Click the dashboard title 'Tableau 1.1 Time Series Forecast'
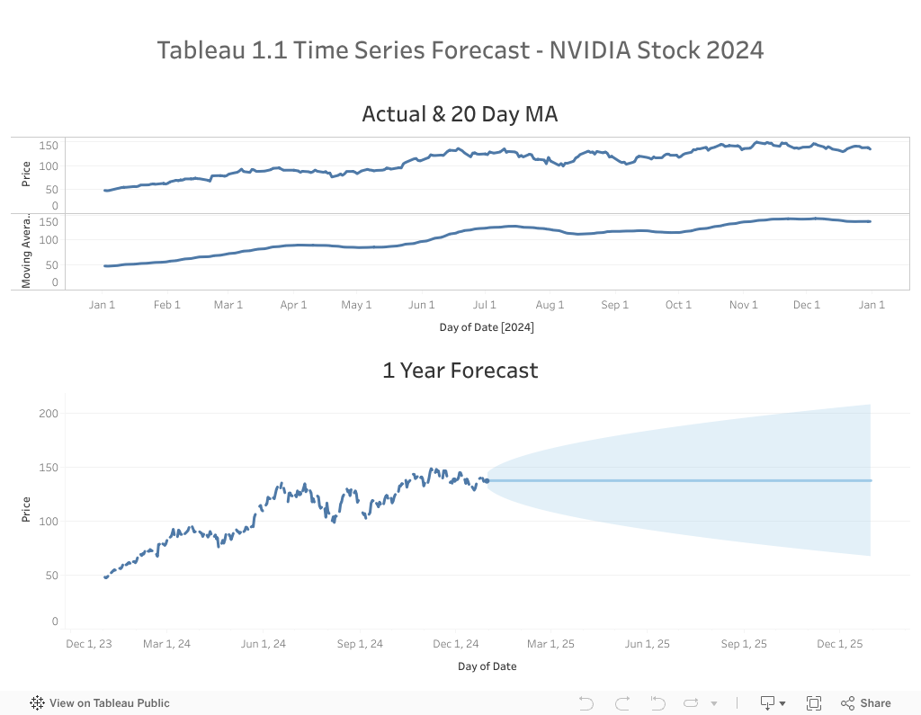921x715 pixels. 460,49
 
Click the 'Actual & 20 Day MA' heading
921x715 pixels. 460,114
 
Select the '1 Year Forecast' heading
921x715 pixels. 460,370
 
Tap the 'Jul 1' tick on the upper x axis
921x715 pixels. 485,305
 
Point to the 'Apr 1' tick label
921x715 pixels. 293,305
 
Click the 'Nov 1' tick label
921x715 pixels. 743,305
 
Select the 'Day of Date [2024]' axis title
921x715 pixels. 487,327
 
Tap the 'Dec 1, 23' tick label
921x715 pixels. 89,644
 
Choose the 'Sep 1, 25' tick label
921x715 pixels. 743,644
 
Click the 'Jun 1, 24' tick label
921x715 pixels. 263,644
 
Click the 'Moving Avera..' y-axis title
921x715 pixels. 26,252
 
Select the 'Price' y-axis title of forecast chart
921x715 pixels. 26,509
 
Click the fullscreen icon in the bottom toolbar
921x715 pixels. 814,703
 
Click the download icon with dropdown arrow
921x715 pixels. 773,703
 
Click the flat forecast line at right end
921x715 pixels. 868,480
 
